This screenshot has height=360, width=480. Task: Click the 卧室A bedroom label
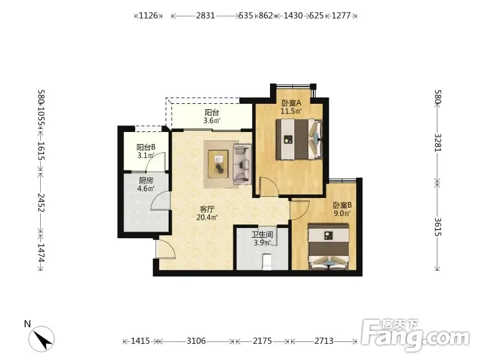(x=292, y=103)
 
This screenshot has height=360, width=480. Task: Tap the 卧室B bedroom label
(x=342, y=205)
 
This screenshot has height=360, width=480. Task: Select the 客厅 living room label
(x=207, y=209)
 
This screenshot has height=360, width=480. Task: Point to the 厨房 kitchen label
(x=146, y=181)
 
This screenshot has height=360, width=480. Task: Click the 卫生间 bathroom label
(x=262, y=235)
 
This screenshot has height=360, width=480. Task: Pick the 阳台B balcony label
(x=146, y=147)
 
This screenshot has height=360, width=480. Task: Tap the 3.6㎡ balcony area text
(x=212, y=121)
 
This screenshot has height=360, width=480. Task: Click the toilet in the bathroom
(x=267, y=262)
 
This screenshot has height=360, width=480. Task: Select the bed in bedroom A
(x=299, y=139)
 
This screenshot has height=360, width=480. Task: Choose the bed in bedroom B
(x=328, y=247)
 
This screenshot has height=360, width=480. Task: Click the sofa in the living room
(x=242, y=164)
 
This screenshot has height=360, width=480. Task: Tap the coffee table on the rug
(x=218, y=163)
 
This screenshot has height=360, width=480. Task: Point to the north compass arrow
(x=41, y=339)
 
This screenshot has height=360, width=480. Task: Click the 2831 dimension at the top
(x=205, y=16)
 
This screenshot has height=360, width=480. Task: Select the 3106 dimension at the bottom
(x=196, y=341)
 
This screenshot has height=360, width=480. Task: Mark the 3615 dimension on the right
(x=438, y=227)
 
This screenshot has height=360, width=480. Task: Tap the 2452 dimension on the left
(x=41, y=203)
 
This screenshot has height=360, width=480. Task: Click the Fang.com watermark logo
(x=415, y=335)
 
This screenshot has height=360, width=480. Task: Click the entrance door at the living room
(x=166, y=248)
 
